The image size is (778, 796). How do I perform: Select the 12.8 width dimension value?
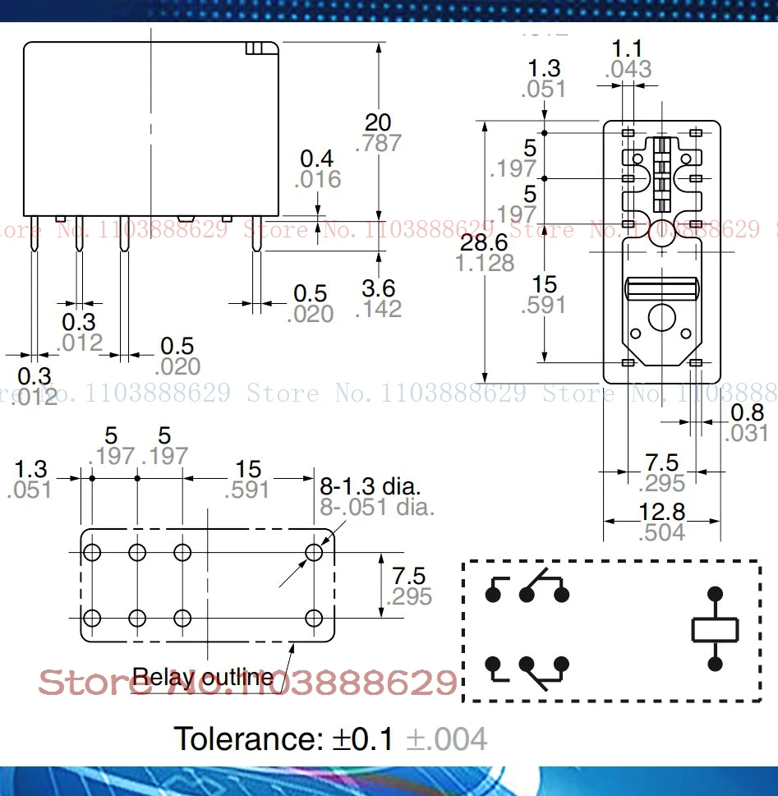tap(661, 512)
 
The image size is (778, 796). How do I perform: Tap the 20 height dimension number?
tap(378, 122)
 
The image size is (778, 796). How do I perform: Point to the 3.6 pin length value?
tap(378, 288)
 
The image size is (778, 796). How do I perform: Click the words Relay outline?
tap(202, 677)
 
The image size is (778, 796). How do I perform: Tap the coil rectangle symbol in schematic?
tap(715, 629)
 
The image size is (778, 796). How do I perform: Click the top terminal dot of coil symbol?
tap(715, 593)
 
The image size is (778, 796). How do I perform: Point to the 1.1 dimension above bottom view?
tap(628, 49)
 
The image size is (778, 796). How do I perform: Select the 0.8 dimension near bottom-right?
tap(747, 412)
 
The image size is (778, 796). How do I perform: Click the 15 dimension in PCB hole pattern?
tap(247, 469)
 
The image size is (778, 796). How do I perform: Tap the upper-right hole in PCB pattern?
tap(314, 552)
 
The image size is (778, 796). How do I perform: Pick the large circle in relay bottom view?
tap(661, 318)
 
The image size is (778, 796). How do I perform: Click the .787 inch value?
tap(378, 143)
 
